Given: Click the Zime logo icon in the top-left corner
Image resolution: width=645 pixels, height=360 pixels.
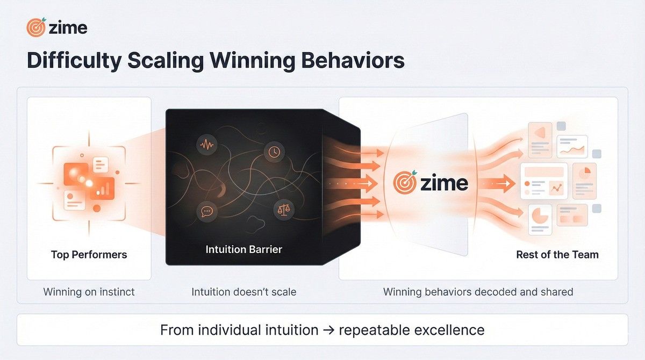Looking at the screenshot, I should point(36,27).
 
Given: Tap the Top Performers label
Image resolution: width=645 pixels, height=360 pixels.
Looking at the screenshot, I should point(89,254).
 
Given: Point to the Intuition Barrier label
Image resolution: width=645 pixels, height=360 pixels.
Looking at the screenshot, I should point(243,249).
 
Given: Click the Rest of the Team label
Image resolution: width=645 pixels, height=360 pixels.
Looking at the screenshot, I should point(557,254).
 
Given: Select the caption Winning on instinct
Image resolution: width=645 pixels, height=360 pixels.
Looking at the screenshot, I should point(89,292).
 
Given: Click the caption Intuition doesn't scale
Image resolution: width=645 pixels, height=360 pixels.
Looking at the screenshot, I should point(243,292).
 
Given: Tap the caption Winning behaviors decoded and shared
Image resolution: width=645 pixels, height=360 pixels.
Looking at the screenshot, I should point(478,292).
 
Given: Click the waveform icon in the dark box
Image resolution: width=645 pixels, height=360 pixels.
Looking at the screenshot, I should point(207,145).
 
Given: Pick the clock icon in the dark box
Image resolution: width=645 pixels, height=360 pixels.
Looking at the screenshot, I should point(274,152).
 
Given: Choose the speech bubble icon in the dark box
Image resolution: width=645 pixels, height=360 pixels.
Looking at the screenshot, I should point(206,211).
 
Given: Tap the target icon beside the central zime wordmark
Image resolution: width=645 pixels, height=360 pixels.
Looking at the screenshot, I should point(404,183).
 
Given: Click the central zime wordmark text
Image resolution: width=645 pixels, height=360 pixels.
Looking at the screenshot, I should point(444,183).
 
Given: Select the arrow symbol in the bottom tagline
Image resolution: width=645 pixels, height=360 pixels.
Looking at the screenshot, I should point(328,329).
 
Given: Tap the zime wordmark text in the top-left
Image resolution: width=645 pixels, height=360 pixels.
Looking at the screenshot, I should point(68,27).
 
